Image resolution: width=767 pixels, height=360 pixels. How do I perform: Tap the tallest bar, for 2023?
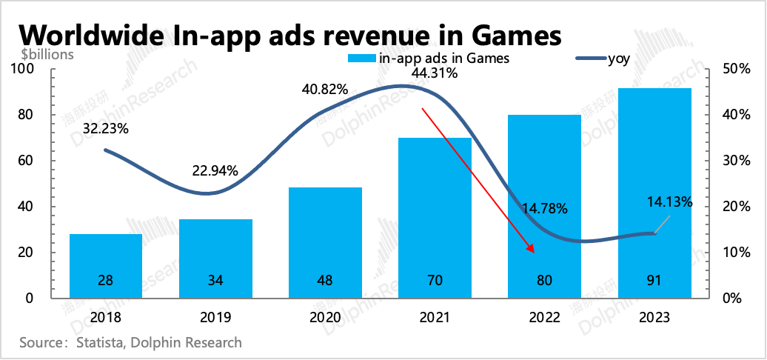654,193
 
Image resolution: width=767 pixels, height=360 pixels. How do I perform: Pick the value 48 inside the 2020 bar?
325,281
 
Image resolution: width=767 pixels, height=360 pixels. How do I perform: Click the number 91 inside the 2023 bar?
654,281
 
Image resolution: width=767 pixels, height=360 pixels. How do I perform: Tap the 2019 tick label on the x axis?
215,317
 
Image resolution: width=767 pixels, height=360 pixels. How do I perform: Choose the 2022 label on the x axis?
544,317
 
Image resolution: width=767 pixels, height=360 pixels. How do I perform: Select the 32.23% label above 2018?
105,128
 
